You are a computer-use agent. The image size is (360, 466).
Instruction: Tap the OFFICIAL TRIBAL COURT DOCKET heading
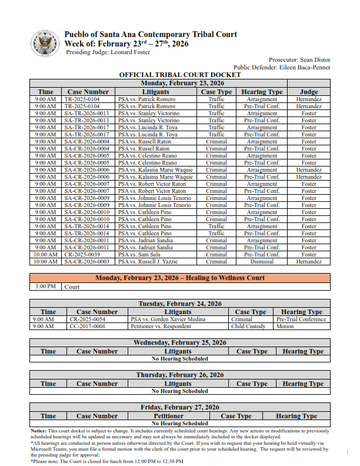click(x=180, y=75)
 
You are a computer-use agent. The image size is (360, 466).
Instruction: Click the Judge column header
click(x=309, y=92)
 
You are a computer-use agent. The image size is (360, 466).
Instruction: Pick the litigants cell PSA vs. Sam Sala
click(x=138, y=255)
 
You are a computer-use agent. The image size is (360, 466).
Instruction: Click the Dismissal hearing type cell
click(x=262, y=262)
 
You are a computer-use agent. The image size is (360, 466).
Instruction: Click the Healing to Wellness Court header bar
click(x=180, y=278)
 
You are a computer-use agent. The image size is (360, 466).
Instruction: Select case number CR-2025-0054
click(x=87, y=319)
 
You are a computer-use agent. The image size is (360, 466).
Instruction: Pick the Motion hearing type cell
click(x=285, y=327)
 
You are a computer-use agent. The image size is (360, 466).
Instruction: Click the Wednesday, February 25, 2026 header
click(x=180, y=342)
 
